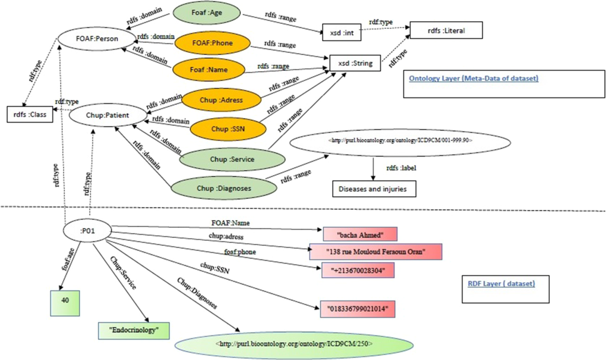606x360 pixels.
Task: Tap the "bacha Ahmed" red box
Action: click(360, 234)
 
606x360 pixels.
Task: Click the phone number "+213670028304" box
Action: click(357, 271)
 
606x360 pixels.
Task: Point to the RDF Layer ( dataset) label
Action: click(498, 284)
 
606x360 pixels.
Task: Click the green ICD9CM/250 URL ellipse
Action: click(294, 344)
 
